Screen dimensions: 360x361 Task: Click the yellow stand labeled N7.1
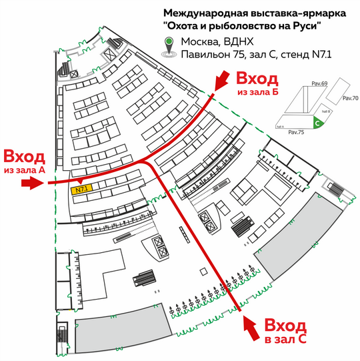(81, 190)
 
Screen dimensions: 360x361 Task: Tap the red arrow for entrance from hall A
(33, 184)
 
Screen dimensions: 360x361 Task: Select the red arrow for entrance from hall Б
(221, 81)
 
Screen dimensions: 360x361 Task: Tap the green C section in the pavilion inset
(318, 122)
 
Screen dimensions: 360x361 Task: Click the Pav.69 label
(319, 83)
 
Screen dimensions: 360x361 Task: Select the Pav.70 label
(351, 98)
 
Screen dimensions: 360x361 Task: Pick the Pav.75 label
(296, 132)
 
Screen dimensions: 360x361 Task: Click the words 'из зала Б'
(258, 91)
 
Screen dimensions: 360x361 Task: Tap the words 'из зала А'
(25, 170)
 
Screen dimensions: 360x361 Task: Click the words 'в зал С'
(285, 340)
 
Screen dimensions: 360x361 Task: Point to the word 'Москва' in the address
(199, 41)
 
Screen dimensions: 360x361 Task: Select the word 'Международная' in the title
(205, 13)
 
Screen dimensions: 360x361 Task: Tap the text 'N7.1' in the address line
(322, 55)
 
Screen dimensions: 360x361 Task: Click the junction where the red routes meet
(145, 160)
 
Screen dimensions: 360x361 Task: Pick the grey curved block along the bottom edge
(123, 329)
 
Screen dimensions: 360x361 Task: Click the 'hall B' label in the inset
(326, 111)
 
